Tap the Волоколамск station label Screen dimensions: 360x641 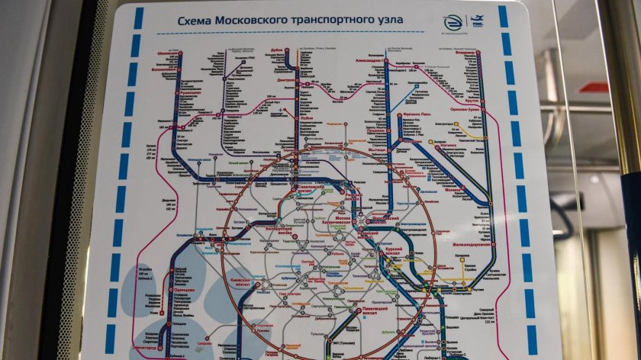[170, 68]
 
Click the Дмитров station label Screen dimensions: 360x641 [286, 79]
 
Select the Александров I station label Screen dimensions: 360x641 [371, 60]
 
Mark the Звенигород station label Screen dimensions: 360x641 [147, 348]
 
